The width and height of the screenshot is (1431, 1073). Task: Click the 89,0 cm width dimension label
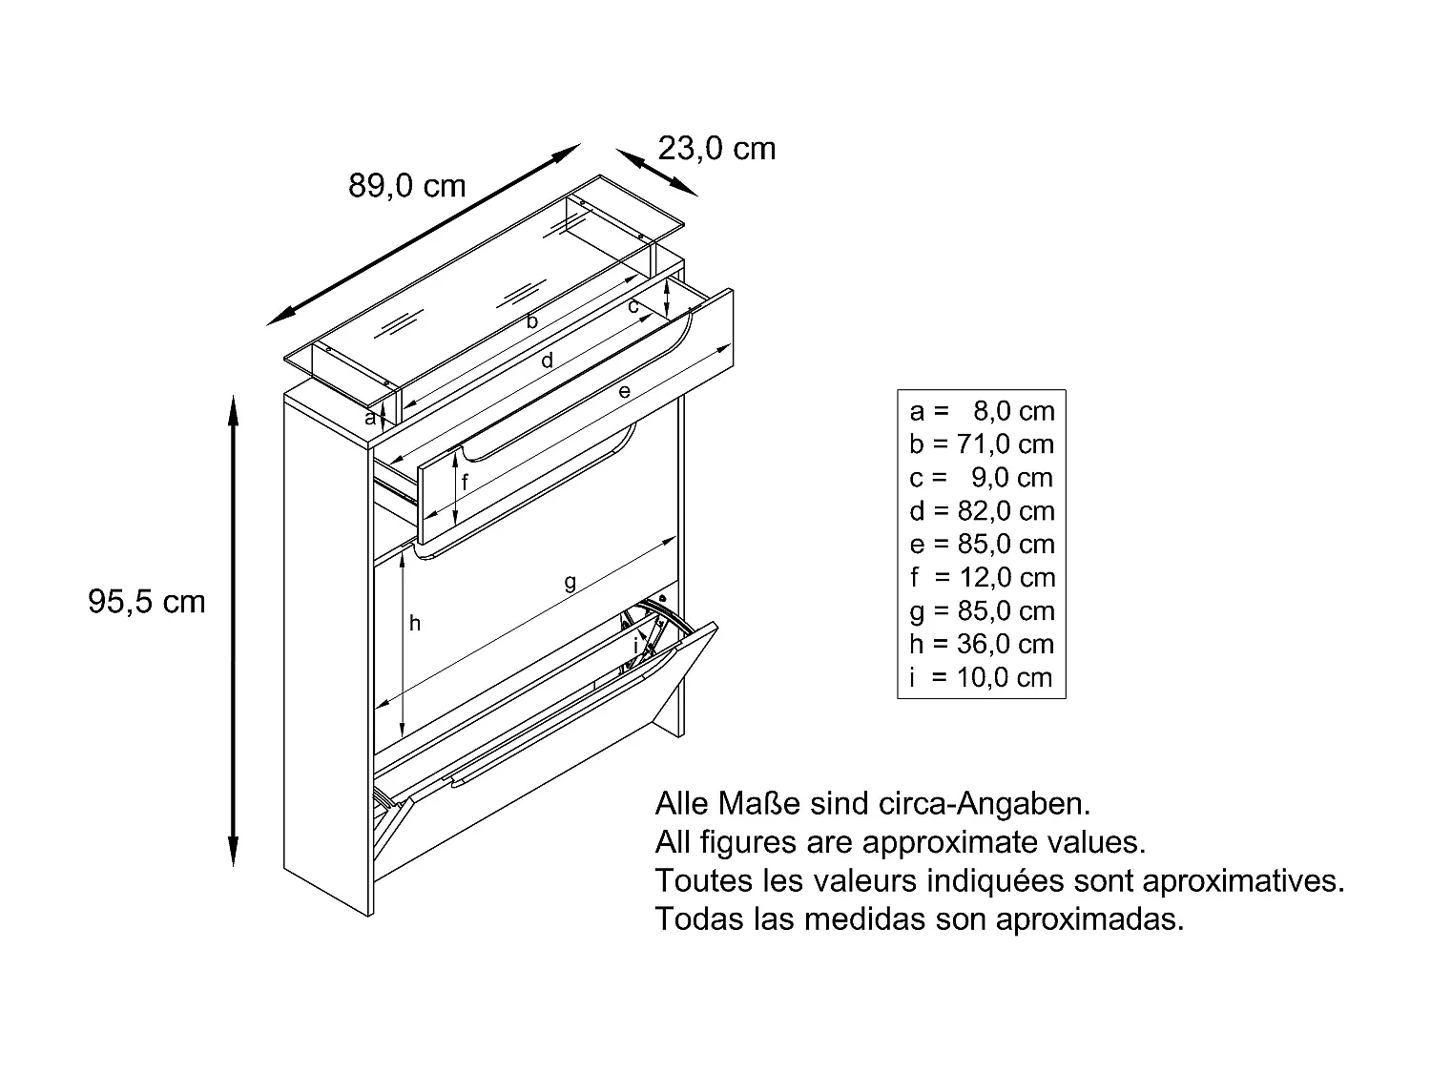[x=406, y=186]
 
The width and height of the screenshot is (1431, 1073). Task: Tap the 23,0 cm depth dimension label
[x=716, y=149]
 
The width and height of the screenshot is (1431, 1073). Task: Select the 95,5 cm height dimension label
[x=147, y=601]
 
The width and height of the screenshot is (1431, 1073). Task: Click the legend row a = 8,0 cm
[x=982, y=411]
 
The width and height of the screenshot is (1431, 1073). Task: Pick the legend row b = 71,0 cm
[x=982, y=444]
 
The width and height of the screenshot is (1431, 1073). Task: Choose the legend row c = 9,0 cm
[x=982, y=478]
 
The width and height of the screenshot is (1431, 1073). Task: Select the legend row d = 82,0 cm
[x=982, y=511]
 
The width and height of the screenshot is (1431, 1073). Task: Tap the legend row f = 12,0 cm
[x=983, y=577]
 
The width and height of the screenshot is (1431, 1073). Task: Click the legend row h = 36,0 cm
[x=982, y=644]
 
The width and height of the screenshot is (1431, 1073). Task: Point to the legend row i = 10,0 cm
[x=981, y=677]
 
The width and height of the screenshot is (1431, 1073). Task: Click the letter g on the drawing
[x=570, y=582]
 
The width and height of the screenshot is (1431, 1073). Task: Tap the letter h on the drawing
[x=415, y=624]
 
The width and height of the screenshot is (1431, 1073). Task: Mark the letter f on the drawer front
[x=465, y=482]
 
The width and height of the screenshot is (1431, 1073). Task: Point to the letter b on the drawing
[x=532, y=320]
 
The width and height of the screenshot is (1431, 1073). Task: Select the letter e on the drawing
[x=625, y=391]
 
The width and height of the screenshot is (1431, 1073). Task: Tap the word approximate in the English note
[x=951, y=843]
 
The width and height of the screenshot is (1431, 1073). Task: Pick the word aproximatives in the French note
[x=1243, y=880]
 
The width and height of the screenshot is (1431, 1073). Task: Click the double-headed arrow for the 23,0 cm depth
[x=656, y=172]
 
